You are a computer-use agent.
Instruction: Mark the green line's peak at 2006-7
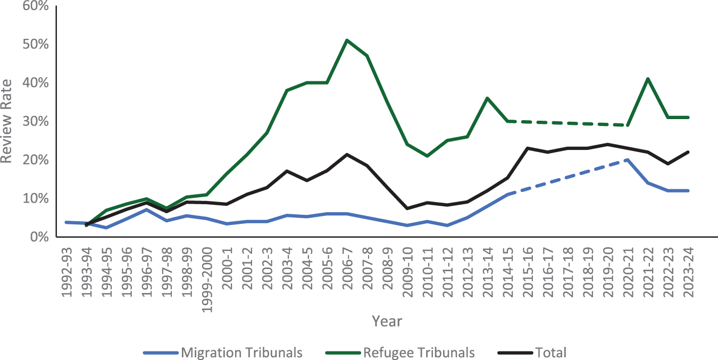(x=347, y=40)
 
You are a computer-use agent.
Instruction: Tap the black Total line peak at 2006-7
(x=347, y=154)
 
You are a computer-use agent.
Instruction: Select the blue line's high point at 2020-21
(x=628, y=160)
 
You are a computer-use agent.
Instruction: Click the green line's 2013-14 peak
(x=487, y=98)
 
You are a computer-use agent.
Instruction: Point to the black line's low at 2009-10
(x=407, y=208)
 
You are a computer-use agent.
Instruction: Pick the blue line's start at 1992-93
(x=66, y=222)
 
